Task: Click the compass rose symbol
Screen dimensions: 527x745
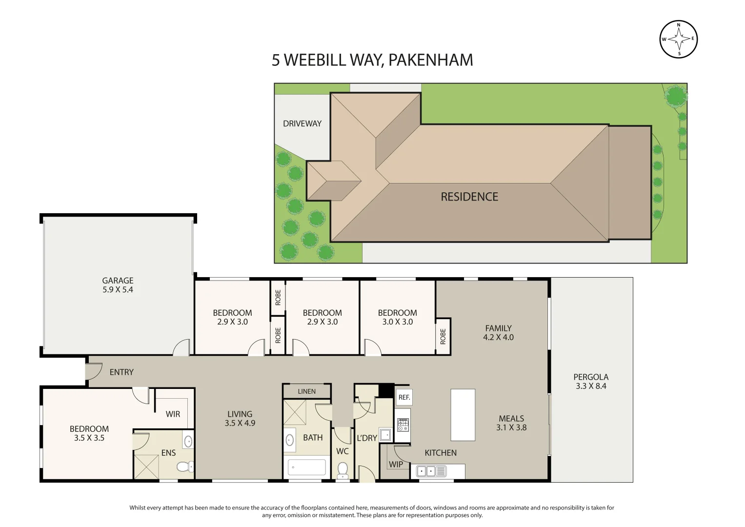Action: click(x=678, y=39)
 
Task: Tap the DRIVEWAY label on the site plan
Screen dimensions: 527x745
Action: click(x=302, y=123)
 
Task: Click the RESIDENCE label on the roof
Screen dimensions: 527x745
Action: click(x=469, y=197)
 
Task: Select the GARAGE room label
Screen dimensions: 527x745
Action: click(x=118, y=281)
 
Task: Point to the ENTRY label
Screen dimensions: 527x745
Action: click(x=121, y=372)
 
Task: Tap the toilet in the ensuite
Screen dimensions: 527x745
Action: click(x=184, y=467)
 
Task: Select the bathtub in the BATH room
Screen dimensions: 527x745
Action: click(x=306, y=467)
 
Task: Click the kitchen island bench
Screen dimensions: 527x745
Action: click(x=463, y=415)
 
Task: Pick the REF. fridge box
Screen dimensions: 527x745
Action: click(x=404, y=397)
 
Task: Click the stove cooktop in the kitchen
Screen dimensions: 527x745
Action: click(x=403, y=425)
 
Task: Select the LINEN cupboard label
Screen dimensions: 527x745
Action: click(x=306, y=391)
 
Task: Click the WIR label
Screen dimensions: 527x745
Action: click(x=173, y=414)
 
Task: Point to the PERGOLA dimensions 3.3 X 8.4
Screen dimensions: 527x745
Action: click(x=591, y=386)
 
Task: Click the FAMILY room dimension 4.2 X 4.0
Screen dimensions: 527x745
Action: click(x=498, y=337)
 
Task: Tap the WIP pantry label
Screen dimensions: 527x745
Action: click(x=396, y=465)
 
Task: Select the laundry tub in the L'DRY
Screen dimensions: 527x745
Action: click(x=385, y=434)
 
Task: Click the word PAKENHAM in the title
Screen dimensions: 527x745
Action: click(x=430, y=60)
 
